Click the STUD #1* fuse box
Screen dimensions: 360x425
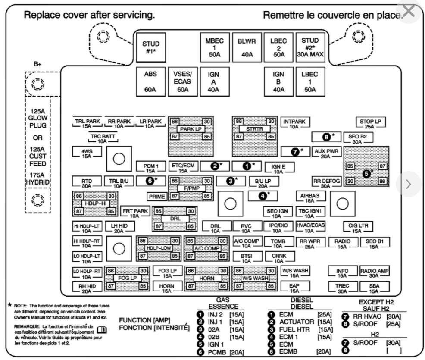coord(151,47)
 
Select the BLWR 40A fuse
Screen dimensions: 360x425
coord(247,47)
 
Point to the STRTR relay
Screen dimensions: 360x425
coord(254,129)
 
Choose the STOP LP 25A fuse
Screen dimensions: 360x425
coord(370,123)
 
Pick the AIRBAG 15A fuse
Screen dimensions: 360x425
coord(310,197)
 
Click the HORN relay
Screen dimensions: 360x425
coord(206,279)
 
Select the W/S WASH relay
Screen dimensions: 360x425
coord(254,279)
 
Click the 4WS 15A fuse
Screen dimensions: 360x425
coord(87,153)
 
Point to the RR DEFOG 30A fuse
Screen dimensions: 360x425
coord(325,182)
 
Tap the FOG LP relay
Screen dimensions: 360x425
coord(127,279)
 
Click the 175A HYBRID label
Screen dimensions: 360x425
coord(37,178)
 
